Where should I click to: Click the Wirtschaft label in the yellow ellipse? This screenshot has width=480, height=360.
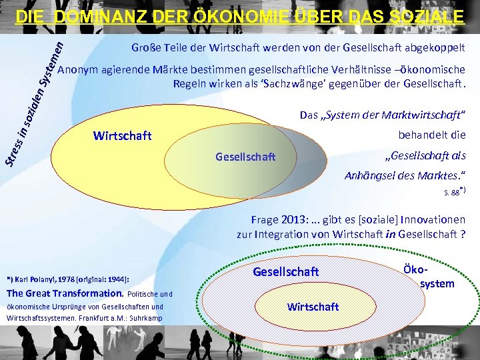click(123, 136)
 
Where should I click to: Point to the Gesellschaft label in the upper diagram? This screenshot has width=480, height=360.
click(245, 157)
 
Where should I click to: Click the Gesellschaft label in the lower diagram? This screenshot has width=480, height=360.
click(286, 272)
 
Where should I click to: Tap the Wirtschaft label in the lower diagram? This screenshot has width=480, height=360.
click(313, 307)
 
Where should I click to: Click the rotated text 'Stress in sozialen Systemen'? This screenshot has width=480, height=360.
click(36, 100)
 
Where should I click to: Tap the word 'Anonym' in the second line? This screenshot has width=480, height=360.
click(78, 70)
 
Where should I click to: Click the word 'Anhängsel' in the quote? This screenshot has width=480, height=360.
click(369, 176)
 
